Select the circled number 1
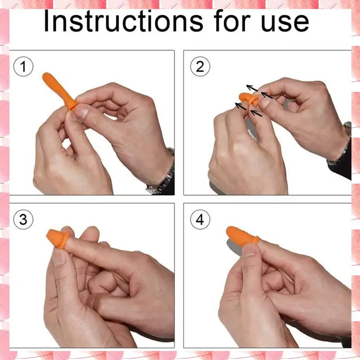click(23, 67)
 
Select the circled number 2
click(200, 67)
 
